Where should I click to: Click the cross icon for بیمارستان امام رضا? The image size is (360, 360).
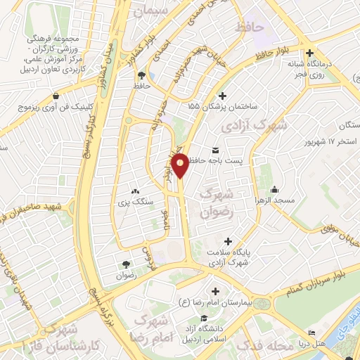point(214,291)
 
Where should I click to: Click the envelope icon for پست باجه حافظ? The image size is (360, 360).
point(214,150)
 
